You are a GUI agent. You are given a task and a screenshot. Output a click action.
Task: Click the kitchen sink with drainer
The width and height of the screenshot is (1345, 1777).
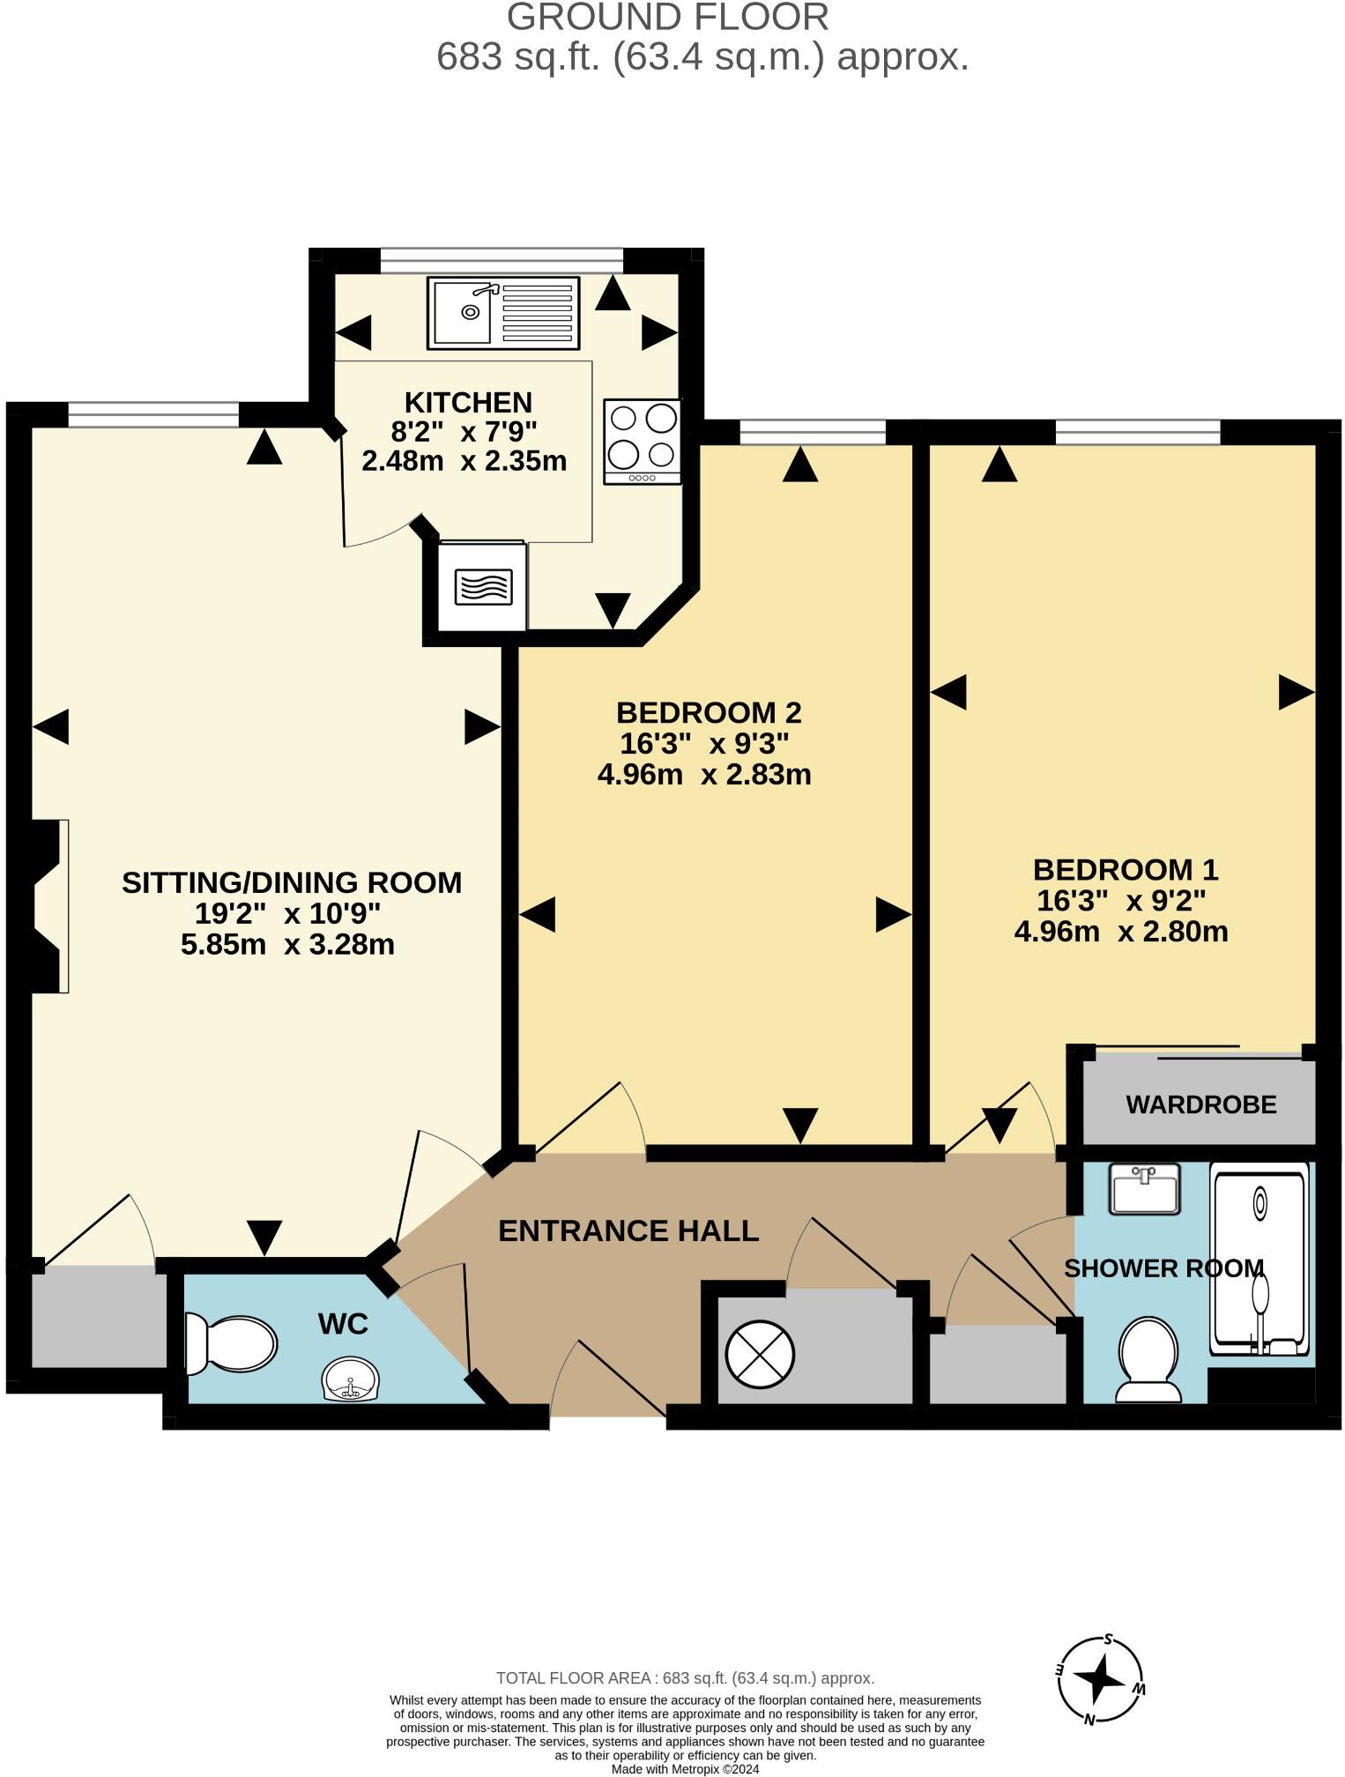click(503, 313)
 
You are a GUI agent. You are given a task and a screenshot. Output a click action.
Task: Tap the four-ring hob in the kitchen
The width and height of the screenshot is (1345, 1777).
click(643, 441)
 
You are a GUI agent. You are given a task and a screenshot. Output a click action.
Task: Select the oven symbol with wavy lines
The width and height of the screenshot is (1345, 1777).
click(483, 587)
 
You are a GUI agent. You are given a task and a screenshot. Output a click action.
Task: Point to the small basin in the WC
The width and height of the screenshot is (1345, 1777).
click(351, 1379)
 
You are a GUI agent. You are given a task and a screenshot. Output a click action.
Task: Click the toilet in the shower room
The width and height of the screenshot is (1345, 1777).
click(1148, 1358)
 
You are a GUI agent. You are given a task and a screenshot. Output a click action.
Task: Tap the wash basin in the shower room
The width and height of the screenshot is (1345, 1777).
click(1145, 1189)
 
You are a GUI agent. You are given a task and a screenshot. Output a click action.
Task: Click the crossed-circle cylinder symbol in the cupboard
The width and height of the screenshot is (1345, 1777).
click(759, 1355)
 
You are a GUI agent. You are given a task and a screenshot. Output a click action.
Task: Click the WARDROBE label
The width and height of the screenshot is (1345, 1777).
click(1200, 1104)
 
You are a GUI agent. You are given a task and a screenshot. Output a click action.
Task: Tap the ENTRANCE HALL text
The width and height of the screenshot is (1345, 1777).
click(628, 1231)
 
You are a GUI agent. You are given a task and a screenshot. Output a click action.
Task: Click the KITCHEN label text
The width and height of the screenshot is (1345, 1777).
click(468, 402)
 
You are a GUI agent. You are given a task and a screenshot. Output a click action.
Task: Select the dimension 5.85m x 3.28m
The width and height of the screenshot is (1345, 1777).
click(287, 945)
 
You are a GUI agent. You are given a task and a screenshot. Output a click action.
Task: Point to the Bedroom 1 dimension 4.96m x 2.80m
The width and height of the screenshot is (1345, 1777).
click(1121, 932)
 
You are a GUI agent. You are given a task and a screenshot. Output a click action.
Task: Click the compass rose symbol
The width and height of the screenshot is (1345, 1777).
click(1100, 1681)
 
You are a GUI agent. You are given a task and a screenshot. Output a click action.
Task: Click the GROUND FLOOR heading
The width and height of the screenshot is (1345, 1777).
click(667, 18)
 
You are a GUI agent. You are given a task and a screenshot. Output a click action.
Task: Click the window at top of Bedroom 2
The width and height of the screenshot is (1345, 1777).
click(812, 432)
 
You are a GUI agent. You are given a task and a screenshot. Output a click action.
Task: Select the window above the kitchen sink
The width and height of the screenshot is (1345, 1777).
click(502, 260)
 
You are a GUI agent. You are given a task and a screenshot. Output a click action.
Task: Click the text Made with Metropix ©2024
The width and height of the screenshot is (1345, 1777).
click(685, 1769)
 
